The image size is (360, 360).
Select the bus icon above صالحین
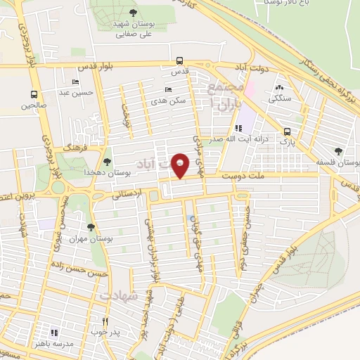pyautogui.click(x=34, y=94)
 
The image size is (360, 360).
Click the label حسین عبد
pyautogui.click(x=73, y=92)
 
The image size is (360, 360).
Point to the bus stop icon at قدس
pyautogui.click(x=180, y=60)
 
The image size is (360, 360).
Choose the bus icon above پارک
pyautogui.click(x=287, y=131)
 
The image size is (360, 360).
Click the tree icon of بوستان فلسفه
pyautogui.click(x=338, y=151)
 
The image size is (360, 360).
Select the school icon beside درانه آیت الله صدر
pyautogui.click(x=238, y=128)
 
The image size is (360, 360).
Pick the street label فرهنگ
pyautogui.click(x=73, y=150)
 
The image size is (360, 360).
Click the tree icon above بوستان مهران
pyautogui.click(x=91, y=226)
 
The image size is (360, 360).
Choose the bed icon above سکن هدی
pyautogui.click(x=167, y=89)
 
